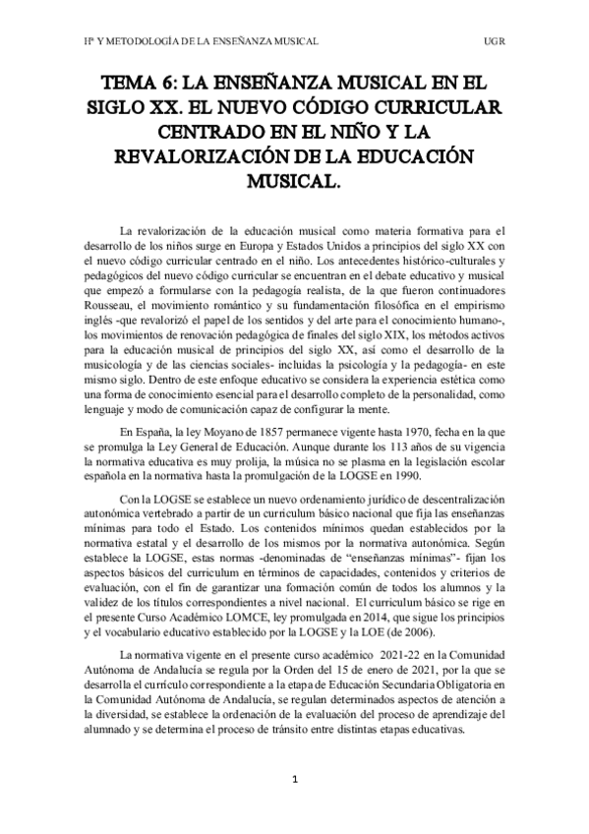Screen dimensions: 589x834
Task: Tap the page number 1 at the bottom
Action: pyautogui.click(x=294, y=779)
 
